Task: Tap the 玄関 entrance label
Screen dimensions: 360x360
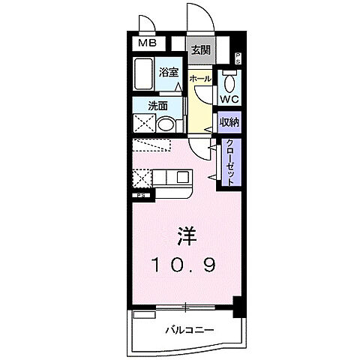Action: point(199,50)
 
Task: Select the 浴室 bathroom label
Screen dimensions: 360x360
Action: point(169,73)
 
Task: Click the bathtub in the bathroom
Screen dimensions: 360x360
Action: point(145,78)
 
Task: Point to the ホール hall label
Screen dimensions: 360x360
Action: point(199,78)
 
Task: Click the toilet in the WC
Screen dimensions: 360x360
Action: point(229,80)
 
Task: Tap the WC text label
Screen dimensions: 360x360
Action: point(229,97)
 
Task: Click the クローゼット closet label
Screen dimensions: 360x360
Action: point(230,163)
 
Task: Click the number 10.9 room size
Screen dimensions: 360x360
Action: point(186,264)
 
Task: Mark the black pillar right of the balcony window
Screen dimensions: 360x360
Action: point(238,305)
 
